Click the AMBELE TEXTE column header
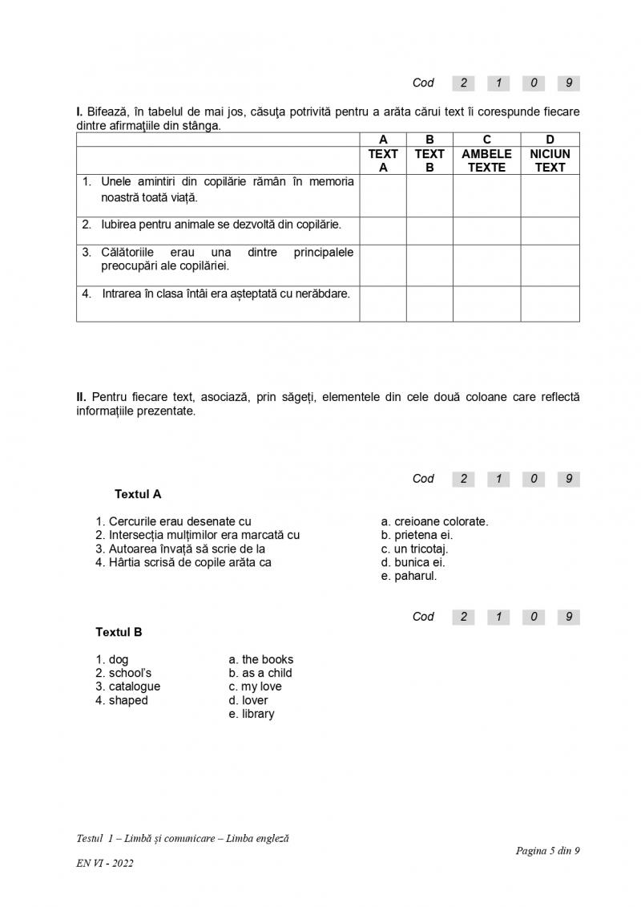coord(486,160)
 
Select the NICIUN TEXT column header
coord(550,160)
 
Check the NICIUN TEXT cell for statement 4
coord(550,303)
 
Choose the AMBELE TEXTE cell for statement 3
coord(486,265)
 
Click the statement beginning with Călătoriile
coord(218,259)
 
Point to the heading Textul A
coord(138,494)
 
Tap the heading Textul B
coord(119,632)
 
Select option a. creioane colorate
coord(435,521)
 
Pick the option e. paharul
coord(409,576)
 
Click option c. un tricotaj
coord(415,549)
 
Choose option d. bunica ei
coord(413,562)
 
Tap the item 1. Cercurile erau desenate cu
coord(174,521)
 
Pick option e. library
coord(252,714)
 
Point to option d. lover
coord(248,700)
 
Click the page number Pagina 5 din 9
coord(547,851)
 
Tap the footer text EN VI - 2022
coord(105,863)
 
